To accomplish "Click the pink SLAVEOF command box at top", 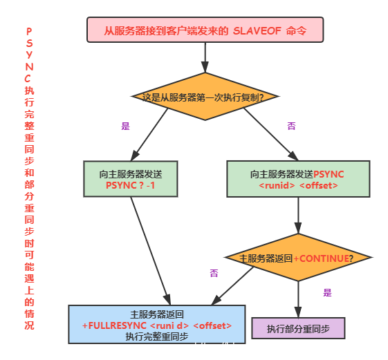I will click(205, 30).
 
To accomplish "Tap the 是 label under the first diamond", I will click(125, 125).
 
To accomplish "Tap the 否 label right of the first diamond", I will click(291, 125).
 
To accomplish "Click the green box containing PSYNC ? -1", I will click(130, 180).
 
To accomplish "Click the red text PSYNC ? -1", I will click(130, 186).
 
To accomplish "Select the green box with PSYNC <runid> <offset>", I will click(299, 180).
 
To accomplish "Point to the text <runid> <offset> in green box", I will click(299, 186).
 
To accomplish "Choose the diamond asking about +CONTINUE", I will click(299, 258).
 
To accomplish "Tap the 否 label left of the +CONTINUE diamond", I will click(214, 273).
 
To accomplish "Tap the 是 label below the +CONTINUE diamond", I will click(327, 292).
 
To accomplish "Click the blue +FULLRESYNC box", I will click(157, 324).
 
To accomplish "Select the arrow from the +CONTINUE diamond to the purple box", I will click(298, 299).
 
